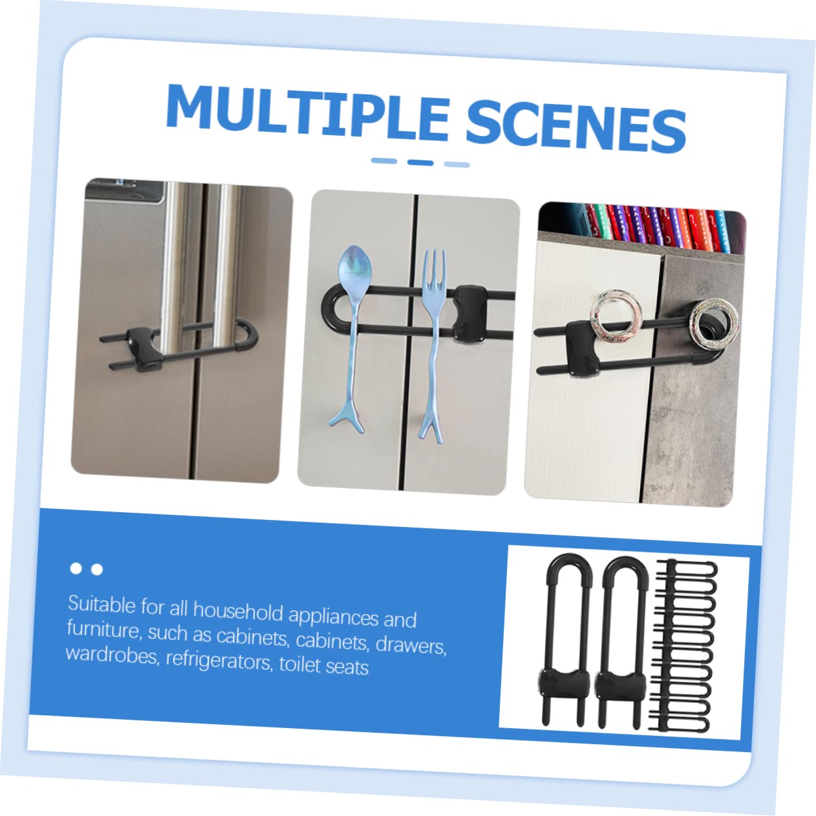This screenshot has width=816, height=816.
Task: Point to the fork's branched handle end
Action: pos(429,419)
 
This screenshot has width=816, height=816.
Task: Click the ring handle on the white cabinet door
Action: pos(616,317)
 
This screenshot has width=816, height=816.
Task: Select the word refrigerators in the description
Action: pos(219,660)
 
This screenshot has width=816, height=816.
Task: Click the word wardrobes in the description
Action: pos(112,654)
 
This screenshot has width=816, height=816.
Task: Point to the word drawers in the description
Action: pos(411,645)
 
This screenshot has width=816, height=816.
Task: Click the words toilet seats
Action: pos(324,665)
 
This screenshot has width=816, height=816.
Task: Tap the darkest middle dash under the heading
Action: pos(420,162)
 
